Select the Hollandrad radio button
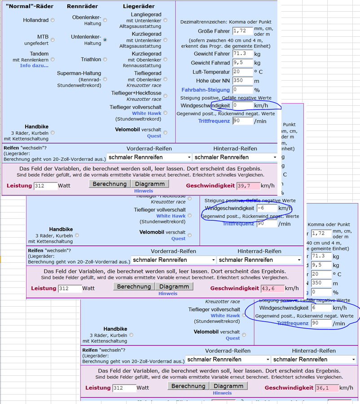tap(53, 20)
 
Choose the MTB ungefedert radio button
tap(53, 40)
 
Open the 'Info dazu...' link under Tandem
tap(34, 65)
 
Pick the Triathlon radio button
tap(105, 59)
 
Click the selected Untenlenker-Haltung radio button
tap(105, 40)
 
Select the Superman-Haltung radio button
tap(105, 79)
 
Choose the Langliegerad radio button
tap(165, 20)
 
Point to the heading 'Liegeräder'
tap(139, 6)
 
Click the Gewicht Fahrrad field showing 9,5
tap(243, 63)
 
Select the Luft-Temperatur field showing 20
tap(243, 72)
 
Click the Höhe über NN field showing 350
tap(243, 81)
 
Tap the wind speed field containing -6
tap(266, 209)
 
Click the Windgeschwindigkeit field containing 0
tap(242, 105)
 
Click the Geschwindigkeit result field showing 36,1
tap(327, 388)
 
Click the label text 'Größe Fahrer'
tap(214, 31)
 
